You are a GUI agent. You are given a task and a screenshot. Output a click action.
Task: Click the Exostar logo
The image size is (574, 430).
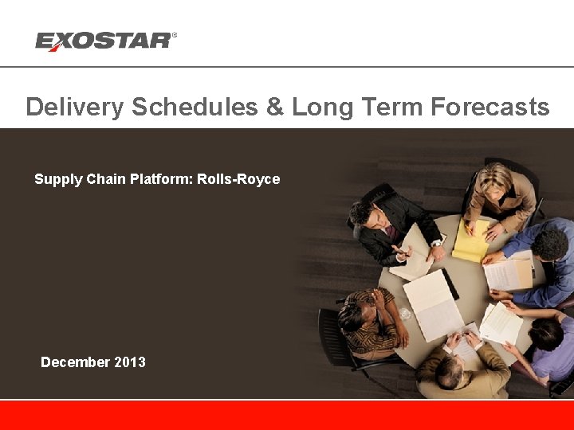(104, 41)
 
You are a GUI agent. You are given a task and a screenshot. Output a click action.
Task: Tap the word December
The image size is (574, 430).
(75, 362)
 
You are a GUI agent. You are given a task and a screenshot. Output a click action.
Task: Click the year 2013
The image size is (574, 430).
(130, 362)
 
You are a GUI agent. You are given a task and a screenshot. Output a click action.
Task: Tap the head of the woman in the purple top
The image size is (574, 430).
(547, 333)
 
